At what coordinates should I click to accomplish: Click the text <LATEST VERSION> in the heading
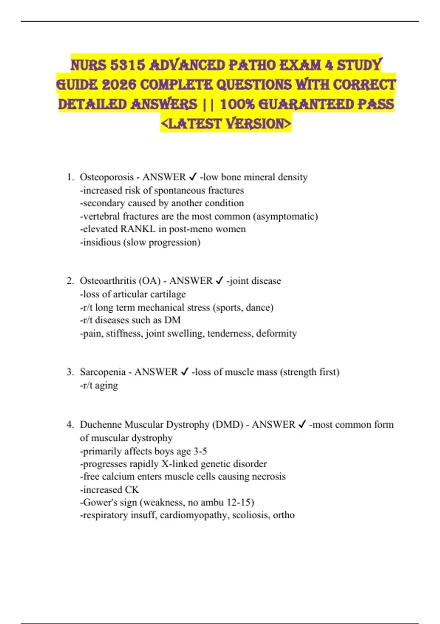click(x=226, y=124)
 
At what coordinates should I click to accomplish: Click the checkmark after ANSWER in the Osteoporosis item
click(x=193, y=177)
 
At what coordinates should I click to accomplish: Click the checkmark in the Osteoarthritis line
click(x=219, y=281)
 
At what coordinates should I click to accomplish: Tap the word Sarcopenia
click(x=103, y=372)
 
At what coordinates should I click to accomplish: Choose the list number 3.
click(x=70, y=372)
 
